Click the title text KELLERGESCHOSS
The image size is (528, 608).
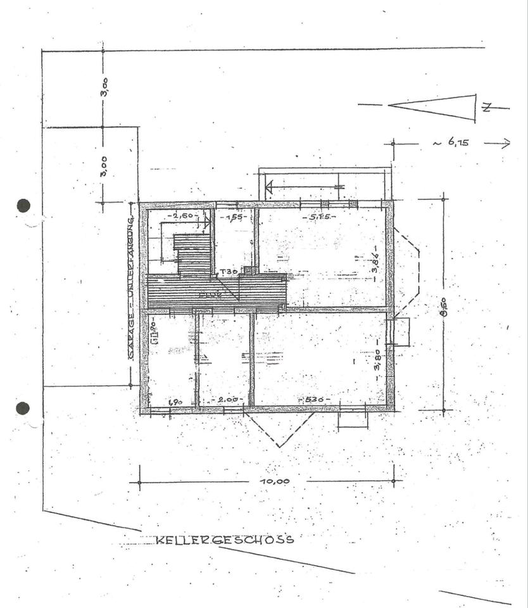[225, 540]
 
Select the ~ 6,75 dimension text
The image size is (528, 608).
[451, 143]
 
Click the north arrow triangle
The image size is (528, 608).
[437, 108]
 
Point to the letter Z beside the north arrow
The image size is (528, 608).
[486, 108]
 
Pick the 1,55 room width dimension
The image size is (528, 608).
[235, 217]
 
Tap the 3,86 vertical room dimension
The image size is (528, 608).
[375, 260]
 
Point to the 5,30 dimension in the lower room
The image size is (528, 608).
[315, 400]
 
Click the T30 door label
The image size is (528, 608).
[228, 272]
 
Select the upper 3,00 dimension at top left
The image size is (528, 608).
[105, 86]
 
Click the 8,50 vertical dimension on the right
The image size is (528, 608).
[444, 306]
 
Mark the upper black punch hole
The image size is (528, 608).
[23, 205]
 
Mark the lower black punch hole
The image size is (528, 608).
[23, 408]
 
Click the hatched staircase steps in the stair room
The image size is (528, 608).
[193, 254]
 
